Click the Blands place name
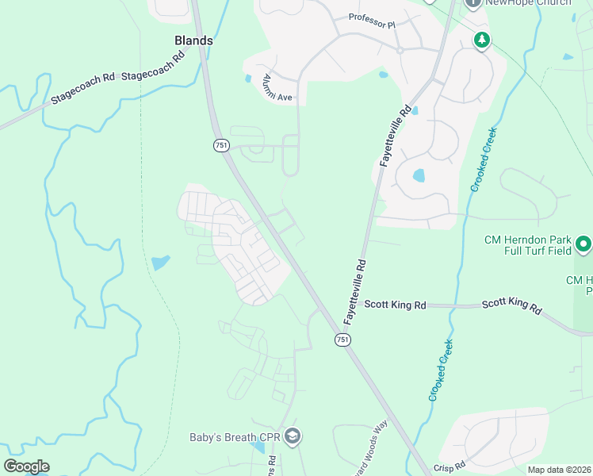point(194,40)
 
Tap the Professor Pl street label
point(372,21)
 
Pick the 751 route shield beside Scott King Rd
point(342,339)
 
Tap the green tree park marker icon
point(481,40)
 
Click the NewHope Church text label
point(528,3)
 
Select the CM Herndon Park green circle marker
point(583,243)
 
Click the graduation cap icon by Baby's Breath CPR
point(293,436)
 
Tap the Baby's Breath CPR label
point(235,437)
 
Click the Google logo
point(27,466)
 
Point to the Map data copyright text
point(559,470)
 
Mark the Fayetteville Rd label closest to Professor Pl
point(394,136)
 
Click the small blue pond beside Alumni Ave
point(248,79)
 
